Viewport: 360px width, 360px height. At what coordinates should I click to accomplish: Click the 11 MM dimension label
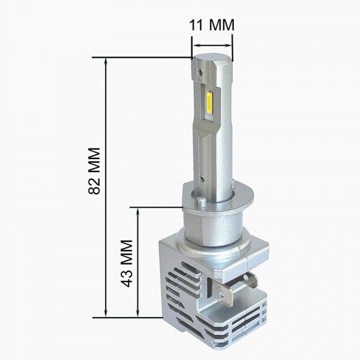[212, 24]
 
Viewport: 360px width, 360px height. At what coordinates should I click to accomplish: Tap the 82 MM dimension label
[94, 171]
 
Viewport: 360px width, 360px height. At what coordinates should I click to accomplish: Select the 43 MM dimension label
[127, 264]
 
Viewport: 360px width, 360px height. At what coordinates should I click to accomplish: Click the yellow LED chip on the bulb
[208, 104]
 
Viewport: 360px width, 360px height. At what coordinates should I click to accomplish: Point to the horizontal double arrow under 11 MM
[212, 45]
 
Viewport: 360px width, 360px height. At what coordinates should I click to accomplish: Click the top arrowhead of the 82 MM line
[105, 62]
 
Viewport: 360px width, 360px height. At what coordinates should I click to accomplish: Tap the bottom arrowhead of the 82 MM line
[105, 312]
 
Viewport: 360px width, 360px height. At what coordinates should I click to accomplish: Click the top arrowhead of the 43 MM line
[138, 212]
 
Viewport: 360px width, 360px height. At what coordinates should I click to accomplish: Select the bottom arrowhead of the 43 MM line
[138, 312]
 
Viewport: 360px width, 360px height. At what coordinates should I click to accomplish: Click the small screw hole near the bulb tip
[199, 71]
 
